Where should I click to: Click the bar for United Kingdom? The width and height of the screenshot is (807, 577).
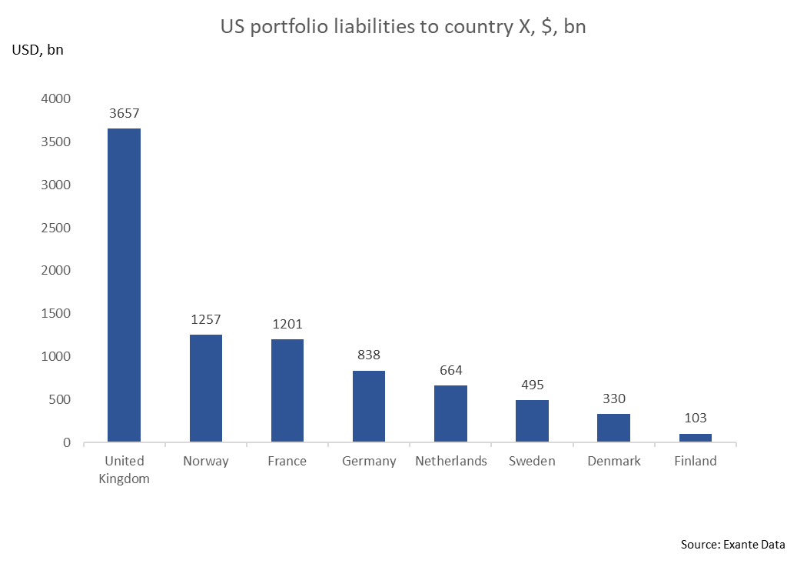124,285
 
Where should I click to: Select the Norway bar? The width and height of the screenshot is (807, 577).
205,388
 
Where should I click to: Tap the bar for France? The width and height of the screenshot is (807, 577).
287,390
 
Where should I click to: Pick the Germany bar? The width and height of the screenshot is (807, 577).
369,406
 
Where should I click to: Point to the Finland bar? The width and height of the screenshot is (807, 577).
695,438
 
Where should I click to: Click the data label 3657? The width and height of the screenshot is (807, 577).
124,114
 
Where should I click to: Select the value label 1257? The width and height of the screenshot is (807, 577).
205,320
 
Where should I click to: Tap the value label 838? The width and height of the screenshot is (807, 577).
369,355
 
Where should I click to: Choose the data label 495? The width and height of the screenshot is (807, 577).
532,385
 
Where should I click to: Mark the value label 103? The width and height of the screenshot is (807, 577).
695,419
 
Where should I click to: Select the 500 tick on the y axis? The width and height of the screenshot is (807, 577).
60,400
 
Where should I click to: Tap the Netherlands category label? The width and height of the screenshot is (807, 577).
451,462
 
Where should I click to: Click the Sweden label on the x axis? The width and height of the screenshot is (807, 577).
532,462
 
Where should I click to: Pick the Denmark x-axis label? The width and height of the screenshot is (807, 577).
614,462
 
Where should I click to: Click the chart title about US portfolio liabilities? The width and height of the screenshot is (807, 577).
403,27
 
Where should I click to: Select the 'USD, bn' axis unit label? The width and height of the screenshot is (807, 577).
38,51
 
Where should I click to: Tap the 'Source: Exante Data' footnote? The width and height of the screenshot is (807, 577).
732,545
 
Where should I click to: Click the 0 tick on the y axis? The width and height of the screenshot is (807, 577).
67,443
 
